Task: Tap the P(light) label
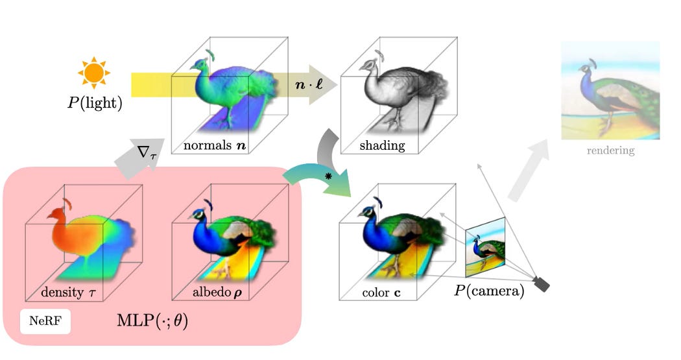tap(95, 103)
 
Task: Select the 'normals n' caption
tap(213, 145)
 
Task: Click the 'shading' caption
tap(382, 146)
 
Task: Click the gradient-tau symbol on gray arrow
tap(144, 153)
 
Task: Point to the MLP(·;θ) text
tap(152, 320)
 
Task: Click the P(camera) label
tap(488, 291)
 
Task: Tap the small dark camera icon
tap(541, 284)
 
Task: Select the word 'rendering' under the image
tap(610, 151)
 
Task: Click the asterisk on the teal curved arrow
tap(328, 176)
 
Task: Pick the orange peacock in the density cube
tap(75, 234)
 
